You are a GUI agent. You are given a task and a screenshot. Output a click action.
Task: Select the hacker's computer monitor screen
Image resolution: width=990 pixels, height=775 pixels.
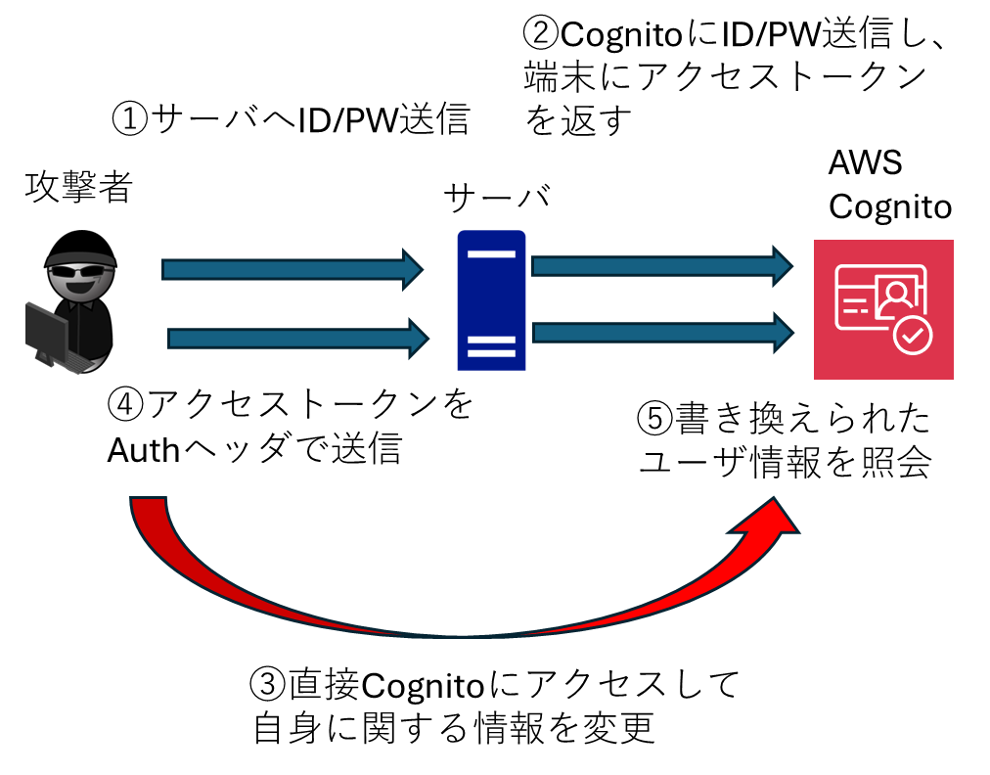coord(46,334)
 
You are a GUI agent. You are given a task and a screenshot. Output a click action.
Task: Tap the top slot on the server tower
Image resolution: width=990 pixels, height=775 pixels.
coord(491,254)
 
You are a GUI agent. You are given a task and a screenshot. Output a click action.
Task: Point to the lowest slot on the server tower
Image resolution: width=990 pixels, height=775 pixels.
coord(491,354)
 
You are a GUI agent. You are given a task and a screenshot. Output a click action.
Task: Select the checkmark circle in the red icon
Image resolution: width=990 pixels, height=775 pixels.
coord(913,337)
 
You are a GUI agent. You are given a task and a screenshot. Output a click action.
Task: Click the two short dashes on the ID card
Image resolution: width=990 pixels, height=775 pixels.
coord(855,310)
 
